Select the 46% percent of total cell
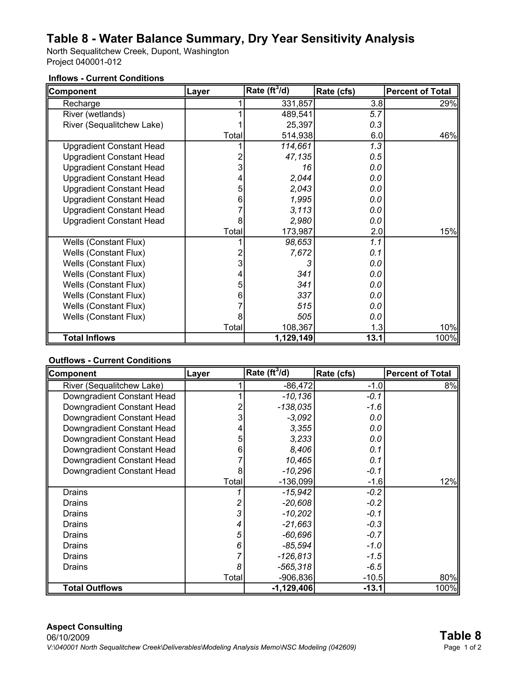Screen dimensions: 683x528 (448, 135)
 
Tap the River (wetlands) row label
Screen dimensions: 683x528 (94, 114)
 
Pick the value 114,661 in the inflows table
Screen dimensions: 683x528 (296, 146)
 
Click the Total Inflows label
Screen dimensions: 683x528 (89, 338)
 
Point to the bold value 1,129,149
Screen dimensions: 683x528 (294, 338)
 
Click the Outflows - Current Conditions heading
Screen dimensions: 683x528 (110, 360)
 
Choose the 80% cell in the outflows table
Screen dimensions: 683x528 (448, 577)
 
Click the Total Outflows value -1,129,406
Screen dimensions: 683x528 (292, 588)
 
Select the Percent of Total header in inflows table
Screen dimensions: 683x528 (418, 91)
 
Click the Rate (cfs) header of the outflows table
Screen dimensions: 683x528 (335, 373)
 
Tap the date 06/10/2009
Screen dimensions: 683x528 (68, 637)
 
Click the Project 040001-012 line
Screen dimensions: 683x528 (84, 62)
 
